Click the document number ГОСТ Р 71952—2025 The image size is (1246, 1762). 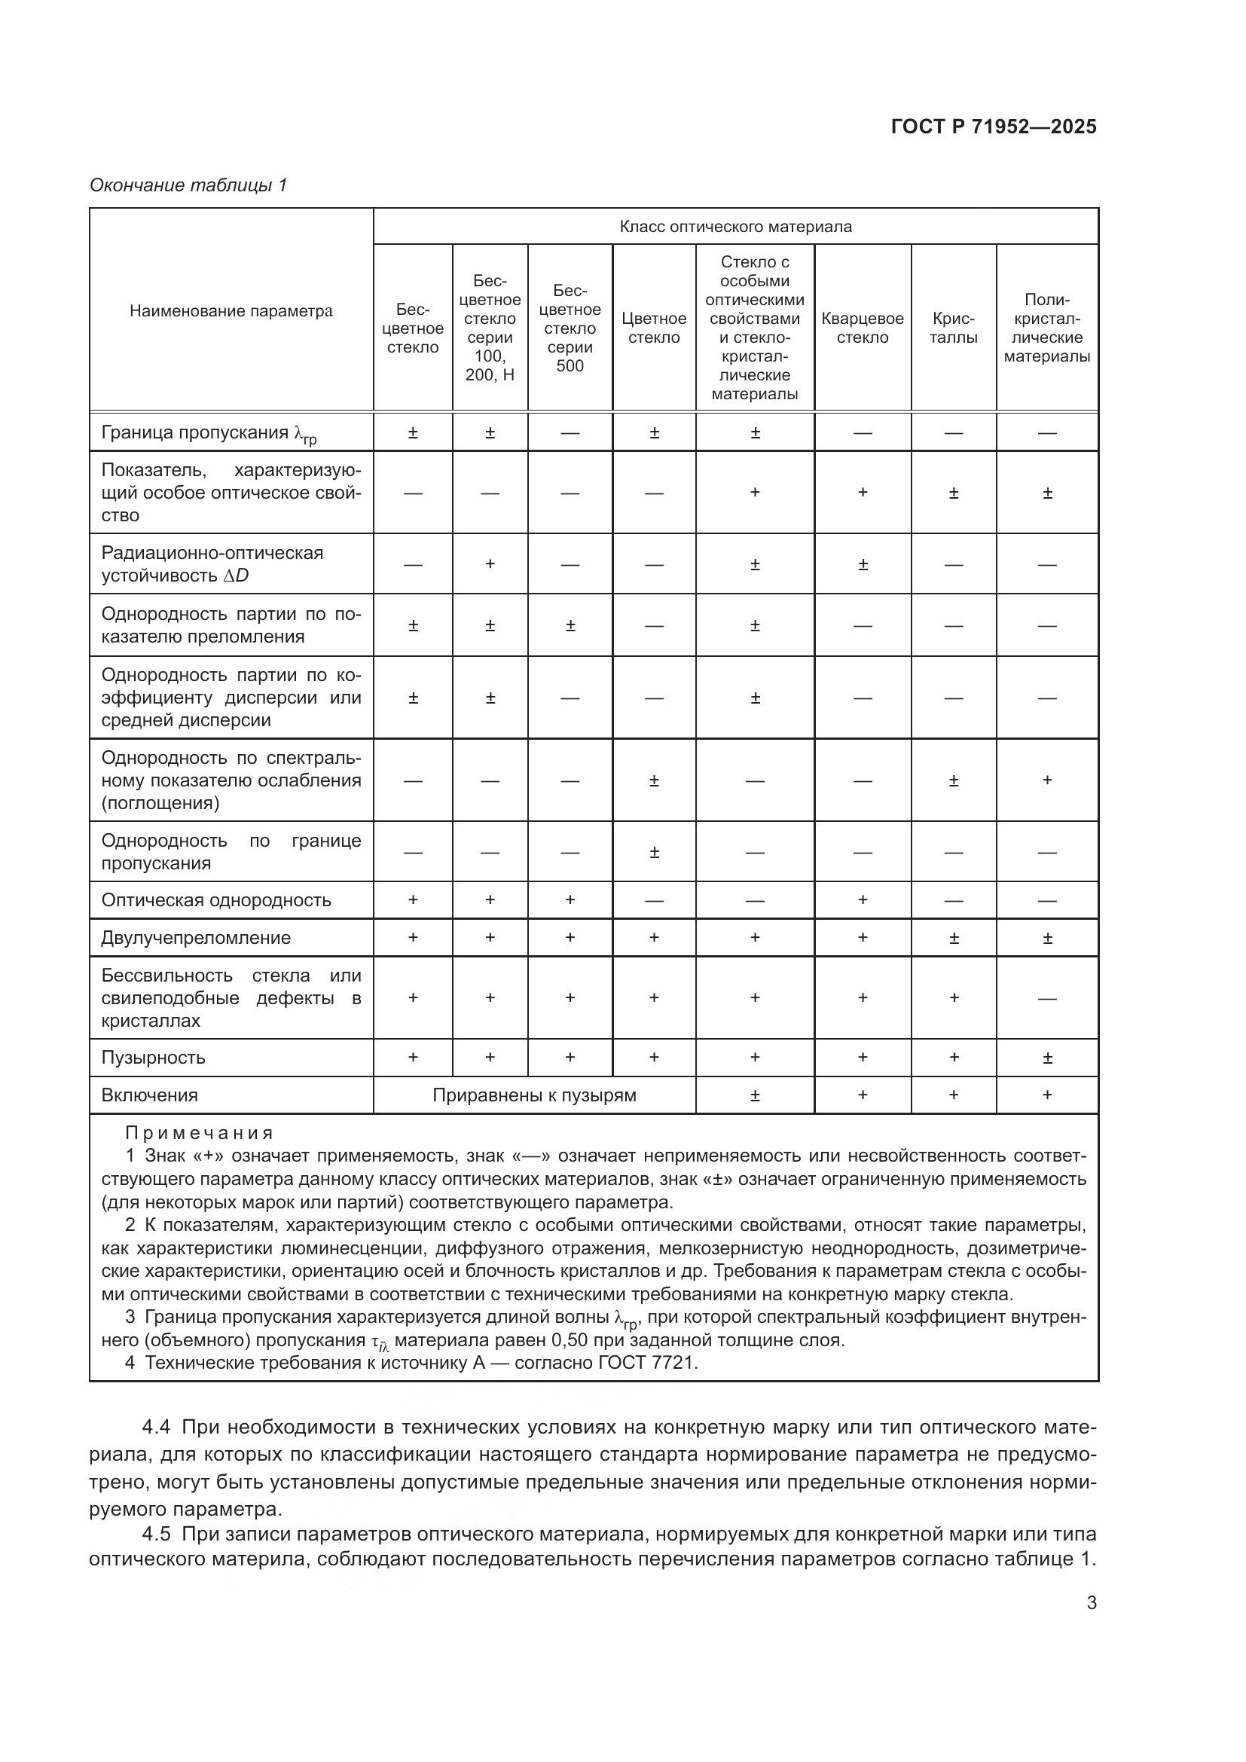click(x=994, y=127)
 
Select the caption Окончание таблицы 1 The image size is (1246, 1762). click(x=188, y=185)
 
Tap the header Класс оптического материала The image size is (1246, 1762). click(x=735, y=227)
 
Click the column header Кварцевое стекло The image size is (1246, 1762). click(x=863, y=328)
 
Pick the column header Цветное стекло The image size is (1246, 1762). click(x=654, y=328)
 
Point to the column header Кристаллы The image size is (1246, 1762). click(x=953, y=328)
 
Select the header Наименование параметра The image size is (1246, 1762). click(x=231, y=311)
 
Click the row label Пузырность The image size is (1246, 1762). click(x=154, y=1058)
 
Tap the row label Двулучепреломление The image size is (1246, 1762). click(x=196, y=938)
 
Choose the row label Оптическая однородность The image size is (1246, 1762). click(x=215, y=900)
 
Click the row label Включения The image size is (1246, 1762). click(x=150, y=1095)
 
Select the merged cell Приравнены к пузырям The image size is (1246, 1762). click(x=534, y=1095)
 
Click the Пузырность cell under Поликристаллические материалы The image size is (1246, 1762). click(x=1046, y=1058)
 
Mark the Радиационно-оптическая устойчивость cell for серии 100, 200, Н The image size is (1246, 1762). click(x=490, y=564)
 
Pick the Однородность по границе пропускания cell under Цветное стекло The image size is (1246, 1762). click(x=654, y=852)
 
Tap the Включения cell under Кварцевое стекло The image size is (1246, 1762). click(x=863, y=1095)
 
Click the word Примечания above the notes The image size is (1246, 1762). click(x=199, y=1133)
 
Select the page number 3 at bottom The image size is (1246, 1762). click(x=1091, y=1603)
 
